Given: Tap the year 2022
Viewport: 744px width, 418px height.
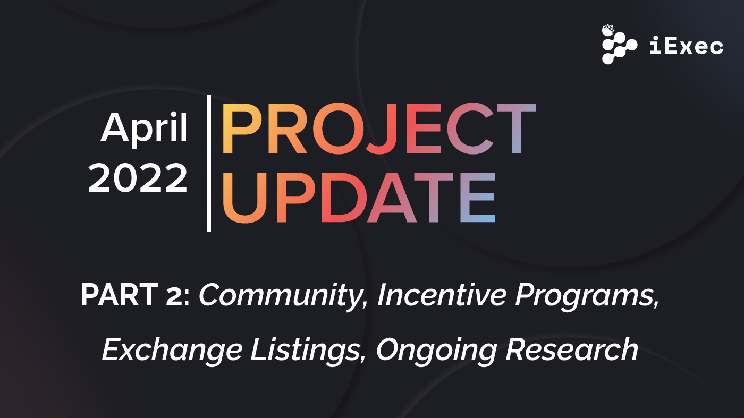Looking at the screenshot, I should (138, 179).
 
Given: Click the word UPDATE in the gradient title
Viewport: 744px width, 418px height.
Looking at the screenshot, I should (358, 198).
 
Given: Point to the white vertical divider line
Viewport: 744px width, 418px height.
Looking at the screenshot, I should (209, 163).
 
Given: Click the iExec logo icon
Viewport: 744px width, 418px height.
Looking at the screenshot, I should (619, 45).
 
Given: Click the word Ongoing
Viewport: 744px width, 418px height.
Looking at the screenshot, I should (436, 351).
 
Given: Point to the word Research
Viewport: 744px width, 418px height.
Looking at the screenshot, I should (571, 350).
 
